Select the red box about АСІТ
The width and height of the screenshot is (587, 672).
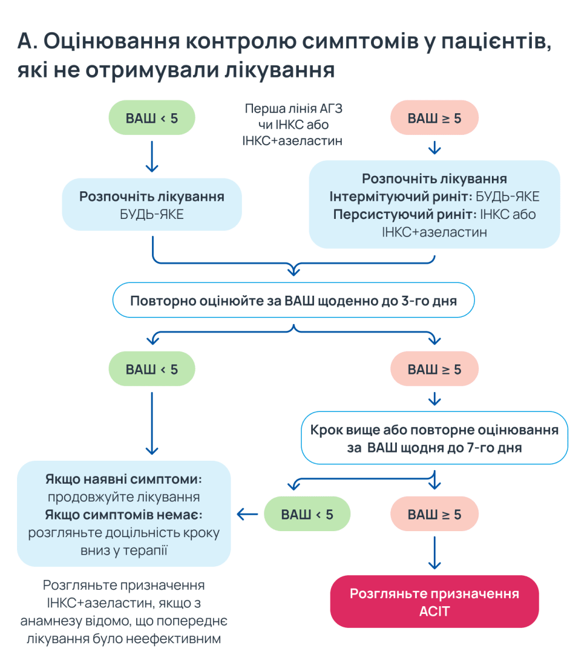click(434, 602)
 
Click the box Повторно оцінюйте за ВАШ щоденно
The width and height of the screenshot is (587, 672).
click(293, 300)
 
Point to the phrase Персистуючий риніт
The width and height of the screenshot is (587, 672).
click(404, 214)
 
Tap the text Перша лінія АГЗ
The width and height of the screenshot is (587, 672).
click(292, 110)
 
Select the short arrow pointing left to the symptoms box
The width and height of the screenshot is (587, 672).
click(248, 514)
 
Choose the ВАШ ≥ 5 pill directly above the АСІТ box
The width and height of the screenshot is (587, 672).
click(434, 515)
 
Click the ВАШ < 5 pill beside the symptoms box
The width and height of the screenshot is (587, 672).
click(307, 515)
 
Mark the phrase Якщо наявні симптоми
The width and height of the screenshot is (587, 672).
click(123, 479)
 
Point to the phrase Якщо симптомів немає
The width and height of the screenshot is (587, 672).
click(123, 515)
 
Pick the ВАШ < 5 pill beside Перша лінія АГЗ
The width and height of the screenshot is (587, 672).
click(151, 119)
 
